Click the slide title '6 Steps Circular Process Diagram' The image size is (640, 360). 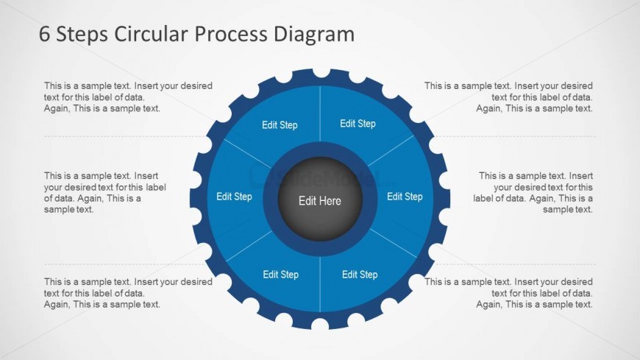click(196, 34)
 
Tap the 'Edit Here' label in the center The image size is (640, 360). click(320, 201)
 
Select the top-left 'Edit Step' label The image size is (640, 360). click(280, 125)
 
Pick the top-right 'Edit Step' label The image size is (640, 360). click(358, 124)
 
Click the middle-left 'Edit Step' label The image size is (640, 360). click(234, 197)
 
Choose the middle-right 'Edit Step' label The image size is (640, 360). click(405, 197)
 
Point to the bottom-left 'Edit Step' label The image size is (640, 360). click(280, 275)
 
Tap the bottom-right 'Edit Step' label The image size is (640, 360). click(360, 275)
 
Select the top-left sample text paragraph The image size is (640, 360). click(128, 97)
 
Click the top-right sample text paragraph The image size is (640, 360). click(508, 97)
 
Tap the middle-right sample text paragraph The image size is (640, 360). click(533, 192)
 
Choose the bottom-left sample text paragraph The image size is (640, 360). click(128, 293)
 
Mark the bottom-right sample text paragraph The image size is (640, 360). click(508, 293)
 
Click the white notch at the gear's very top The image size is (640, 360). click(321, 72)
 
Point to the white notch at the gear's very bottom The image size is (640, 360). click(320, 325)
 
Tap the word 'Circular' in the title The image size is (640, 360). click(141, 34)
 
